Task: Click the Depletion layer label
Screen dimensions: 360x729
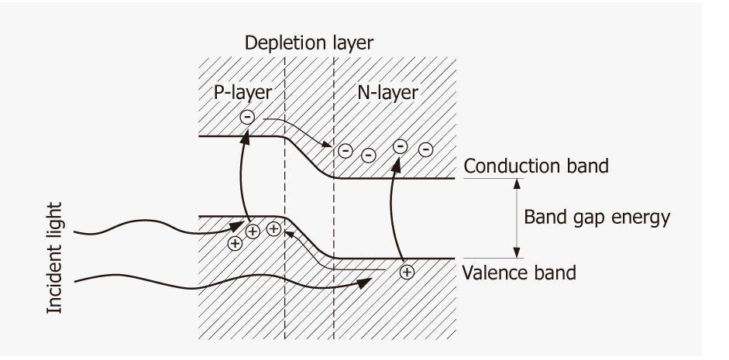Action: [309, 44]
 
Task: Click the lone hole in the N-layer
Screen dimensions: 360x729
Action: [407, 271]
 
